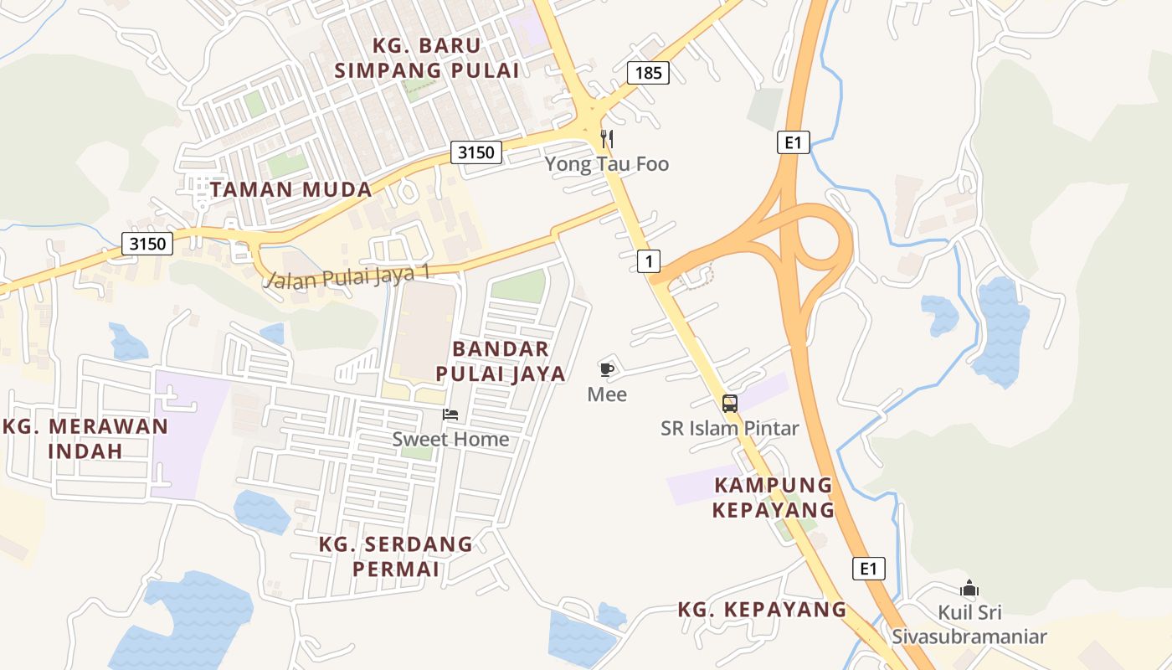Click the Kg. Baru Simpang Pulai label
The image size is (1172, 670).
tap(427, 58)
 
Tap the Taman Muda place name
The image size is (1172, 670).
tap(290, 189)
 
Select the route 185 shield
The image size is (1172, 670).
tap(648, 73)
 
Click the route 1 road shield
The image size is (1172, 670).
tap(649, 261)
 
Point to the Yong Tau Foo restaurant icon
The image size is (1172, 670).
tap(607, 139)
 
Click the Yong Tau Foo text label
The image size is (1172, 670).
tap(607, 163)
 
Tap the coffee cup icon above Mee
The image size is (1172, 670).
tap(607, 369)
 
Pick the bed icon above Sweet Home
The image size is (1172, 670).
tap(450, 415)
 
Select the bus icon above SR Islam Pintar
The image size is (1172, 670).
tap(730, 404)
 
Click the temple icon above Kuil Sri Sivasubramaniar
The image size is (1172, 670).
tap(969, 589)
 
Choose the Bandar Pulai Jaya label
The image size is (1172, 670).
tap(509, 361)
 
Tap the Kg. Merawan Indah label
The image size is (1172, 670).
tap(85, 438)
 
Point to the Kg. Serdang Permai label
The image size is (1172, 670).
tap(396, 556)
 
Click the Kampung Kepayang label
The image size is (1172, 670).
tap(774, 497)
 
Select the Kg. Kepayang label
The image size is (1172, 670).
tap(762, 610)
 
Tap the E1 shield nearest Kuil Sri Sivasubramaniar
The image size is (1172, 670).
tap(869, 569)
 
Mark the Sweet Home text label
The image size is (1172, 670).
tap(450, 439)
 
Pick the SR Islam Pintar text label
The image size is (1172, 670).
tap(730, 428)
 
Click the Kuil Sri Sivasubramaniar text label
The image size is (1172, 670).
tap(969, 625)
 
